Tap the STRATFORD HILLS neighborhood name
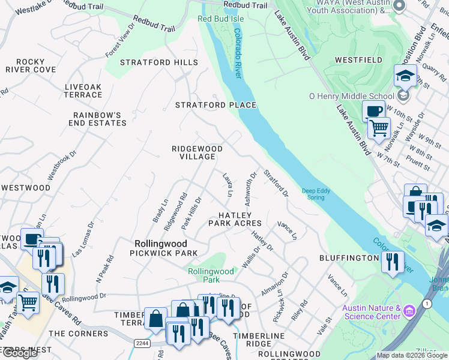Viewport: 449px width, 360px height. tap(159, 62)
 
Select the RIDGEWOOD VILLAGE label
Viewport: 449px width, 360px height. tap(197, 152)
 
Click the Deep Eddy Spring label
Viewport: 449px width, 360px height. tap(316, 193)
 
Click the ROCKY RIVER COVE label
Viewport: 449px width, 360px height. tap(31, 65)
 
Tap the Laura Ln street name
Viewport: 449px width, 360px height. tap(227, 185)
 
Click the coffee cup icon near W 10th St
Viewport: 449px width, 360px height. tap(373, 110)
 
